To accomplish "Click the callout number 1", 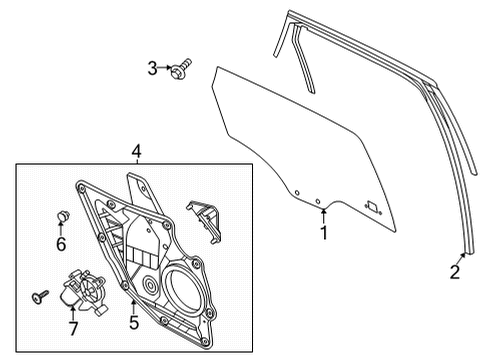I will (x=323, y=235).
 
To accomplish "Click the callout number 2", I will (x=455, y=269).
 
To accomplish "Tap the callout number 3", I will (x=152, y=69).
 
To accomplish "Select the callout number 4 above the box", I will (x=137, y=152).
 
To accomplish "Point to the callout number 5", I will (x=134, y=323).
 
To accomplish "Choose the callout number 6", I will (x=60, y=243).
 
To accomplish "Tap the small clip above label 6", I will (x=60, y=215).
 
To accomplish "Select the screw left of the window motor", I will (x=39, y=294).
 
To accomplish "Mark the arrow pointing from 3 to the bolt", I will (x=166, y=69).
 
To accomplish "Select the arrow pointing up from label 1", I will (x=323, y=219).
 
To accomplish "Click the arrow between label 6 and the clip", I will (x=60, y=230).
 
